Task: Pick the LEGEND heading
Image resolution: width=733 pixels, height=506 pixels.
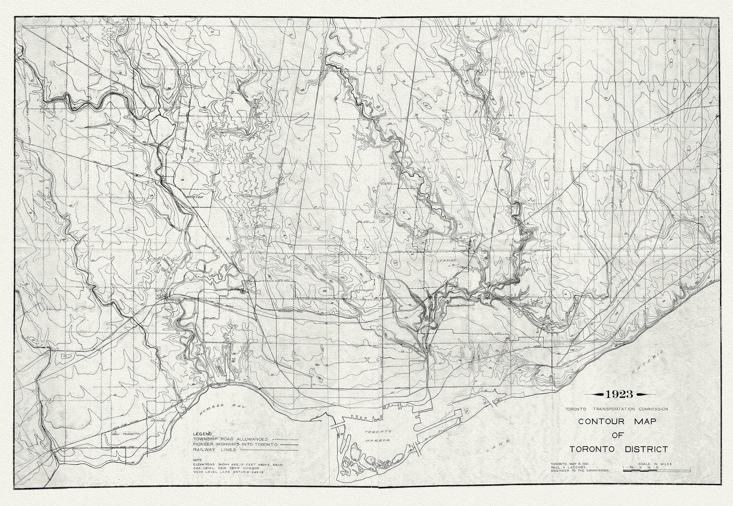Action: [x=202, y=434]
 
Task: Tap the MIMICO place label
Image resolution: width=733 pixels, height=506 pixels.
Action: [x=156, y=420]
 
